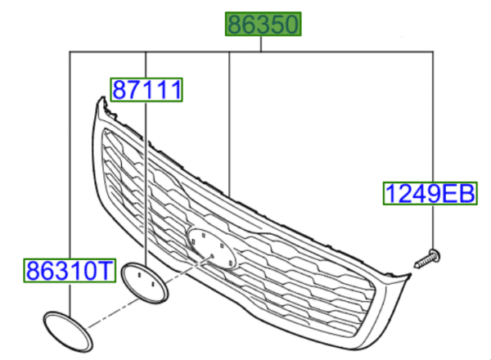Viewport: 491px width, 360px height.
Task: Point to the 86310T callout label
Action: (65, 269)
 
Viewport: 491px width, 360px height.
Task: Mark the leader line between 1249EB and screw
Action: (432, 229)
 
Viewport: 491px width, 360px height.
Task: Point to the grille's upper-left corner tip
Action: (101, 100)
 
